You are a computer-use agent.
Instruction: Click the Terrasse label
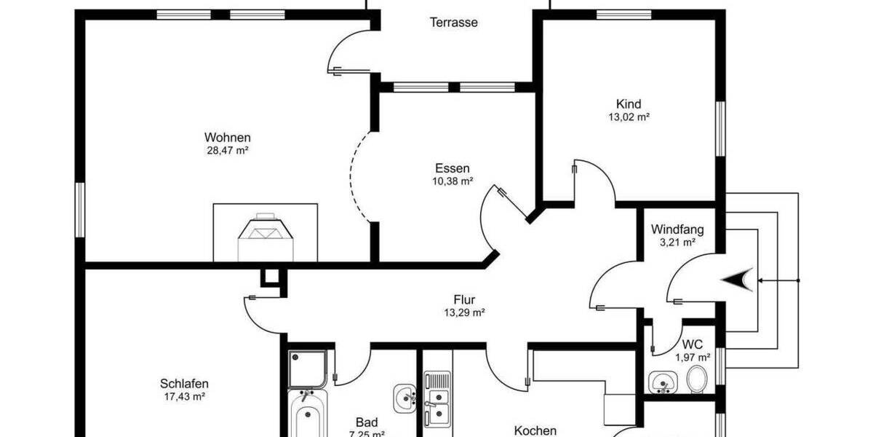coord(453,23)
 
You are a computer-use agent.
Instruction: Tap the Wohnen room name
coord(227,137)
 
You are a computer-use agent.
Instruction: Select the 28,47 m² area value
coord(227,151)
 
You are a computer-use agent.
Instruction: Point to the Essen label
coord(453,168)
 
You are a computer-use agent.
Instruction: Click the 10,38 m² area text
coord(453,181)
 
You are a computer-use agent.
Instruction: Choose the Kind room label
coord(629,103)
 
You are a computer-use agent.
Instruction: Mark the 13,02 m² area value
coord(629,117)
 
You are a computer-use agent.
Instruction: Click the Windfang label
coord(677,229)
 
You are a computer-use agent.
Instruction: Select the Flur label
coord(464,299)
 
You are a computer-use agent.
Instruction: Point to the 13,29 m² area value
coord(464,312)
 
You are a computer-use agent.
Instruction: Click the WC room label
coord(692,345)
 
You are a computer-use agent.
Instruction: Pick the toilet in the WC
coord(696,379)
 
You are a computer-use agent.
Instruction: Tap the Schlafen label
coord(184,384)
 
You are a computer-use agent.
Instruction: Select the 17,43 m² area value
coord(184,397)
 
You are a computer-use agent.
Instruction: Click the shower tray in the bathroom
coord(307,369)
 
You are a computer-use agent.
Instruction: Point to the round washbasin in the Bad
coord(404,397)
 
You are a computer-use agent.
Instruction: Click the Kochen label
coord(535,430)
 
